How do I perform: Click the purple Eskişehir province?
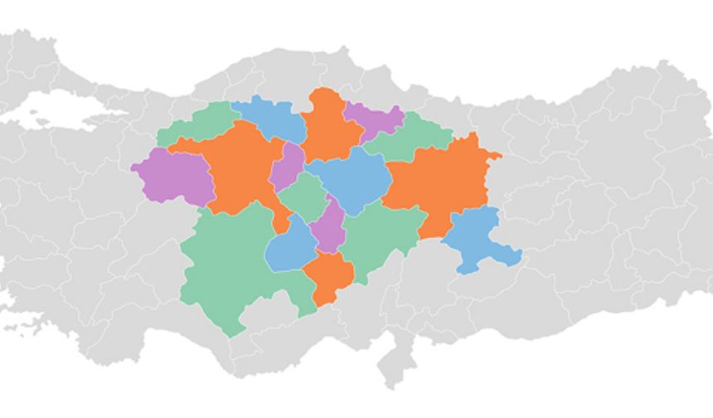coord(172,177)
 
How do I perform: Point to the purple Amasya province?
coord(371,118)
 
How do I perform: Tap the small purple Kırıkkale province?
coord(288,166)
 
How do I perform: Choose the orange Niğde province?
coord(329,275)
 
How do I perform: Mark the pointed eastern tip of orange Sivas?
coord(499,153)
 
